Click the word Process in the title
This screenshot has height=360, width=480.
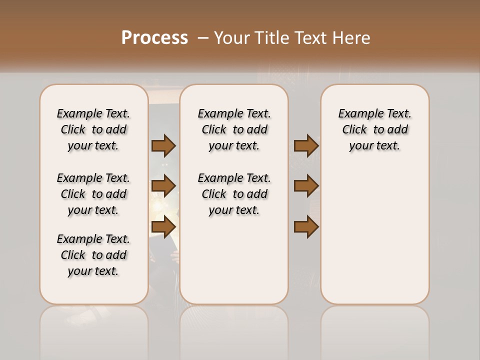154,38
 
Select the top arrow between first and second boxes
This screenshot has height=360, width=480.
163,145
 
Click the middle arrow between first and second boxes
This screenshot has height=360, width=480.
163,186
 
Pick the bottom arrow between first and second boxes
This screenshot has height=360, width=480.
163,227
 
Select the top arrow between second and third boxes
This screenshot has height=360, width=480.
306,145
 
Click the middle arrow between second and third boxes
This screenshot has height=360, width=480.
306,186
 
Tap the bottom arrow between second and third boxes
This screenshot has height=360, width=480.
306,227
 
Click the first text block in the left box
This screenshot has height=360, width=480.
93,129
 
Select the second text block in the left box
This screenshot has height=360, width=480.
93,194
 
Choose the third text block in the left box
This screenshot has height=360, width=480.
93,255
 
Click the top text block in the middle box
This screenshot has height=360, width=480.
234,129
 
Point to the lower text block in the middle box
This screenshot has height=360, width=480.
234,194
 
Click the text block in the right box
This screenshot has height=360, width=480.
374,129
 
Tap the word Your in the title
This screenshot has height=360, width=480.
232,38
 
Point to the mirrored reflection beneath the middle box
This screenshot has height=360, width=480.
234,330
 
